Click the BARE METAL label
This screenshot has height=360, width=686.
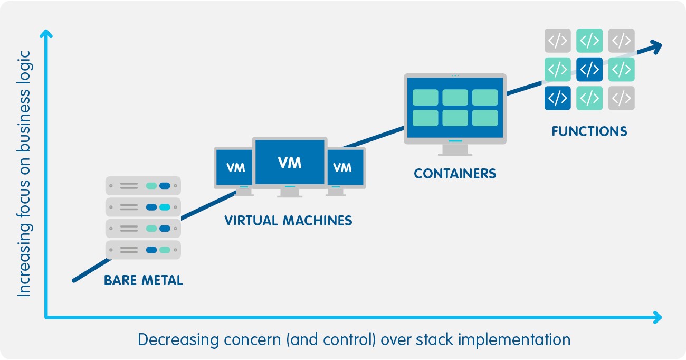pyautogui.click(x=144, y=280)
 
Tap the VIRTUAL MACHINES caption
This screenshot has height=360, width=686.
pyautogui.click(x=288, y=221)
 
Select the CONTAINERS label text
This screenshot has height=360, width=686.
pyautogui.click(x=455, y=174)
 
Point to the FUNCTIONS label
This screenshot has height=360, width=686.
pyautogui.click(x=589, y=131)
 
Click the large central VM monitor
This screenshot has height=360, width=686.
pyautogui.click(x=290, y=163)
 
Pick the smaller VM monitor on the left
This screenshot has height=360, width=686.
pyautogui.click(x=235, y=168)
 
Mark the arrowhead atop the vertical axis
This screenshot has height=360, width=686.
pyautogui.click(x=46, y=35)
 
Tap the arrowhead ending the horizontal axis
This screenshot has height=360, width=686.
pyautogui.click(x=656, y=317)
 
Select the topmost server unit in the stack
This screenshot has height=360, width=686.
pyautogui.click(x=143, y=186)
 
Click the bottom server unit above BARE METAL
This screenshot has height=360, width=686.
pyautogui.click(x=143, y=250)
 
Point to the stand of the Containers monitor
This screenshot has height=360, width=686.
pyautogui.click(x=455, y=149)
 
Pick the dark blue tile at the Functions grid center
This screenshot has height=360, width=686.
pyautogui.click(x=589, y=69)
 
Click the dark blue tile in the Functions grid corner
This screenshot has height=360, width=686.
pyautogui.click(x=557, y=98)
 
